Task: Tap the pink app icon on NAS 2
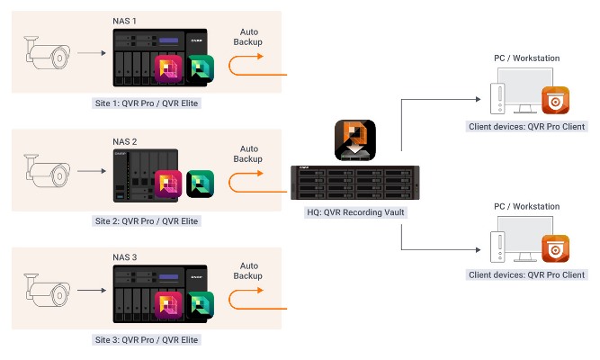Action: tap(170, 185)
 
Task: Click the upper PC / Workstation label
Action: tap(527, 58)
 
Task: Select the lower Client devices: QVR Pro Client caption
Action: tap(527, 274)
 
